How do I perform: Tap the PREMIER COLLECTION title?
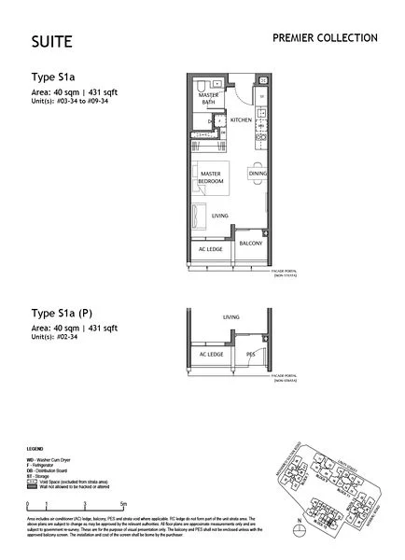tap(324, 37)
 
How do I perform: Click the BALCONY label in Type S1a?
tap(250, 244)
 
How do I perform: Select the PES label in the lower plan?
tap(250, 356)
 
